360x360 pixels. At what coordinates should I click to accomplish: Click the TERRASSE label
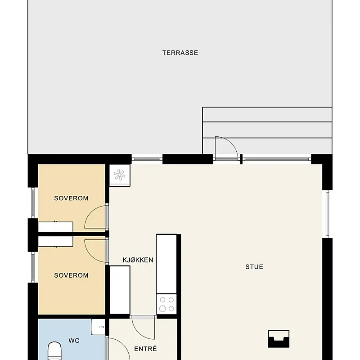click(180, 53)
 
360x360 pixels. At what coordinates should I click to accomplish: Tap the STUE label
click(254, 267)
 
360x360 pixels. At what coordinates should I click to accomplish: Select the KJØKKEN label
click(138, 260)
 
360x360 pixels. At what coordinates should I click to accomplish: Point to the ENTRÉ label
click(145, 349)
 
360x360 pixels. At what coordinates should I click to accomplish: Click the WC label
click(74, 341)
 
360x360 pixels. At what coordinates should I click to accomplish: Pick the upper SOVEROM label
click(71, 198)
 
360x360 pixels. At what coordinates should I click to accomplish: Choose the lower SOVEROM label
click(71, 275)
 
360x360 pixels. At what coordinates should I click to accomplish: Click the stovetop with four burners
click(166, 304)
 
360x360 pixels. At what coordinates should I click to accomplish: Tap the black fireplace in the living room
click(279, 339)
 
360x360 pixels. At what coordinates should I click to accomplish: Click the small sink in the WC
click(98, 327)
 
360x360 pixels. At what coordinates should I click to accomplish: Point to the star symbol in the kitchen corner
click(120, 175)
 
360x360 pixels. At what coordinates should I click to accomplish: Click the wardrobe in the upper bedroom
click(55, 227)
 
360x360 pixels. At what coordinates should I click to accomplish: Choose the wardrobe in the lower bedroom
click(55, 242)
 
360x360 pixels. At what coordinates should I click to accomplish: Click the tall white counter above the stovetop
click(166, 264)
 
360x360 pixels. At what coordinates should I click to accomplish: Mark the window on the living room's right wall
click(328, 214)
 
